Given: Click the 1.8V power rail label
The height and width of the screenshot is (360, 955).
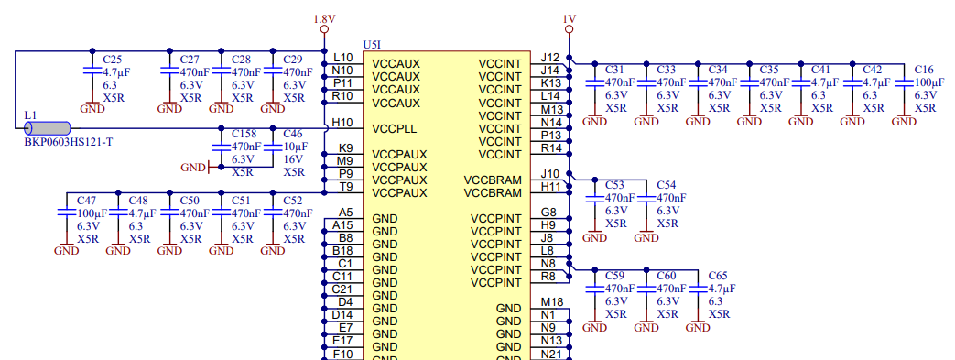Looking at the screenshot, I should pos(324,18).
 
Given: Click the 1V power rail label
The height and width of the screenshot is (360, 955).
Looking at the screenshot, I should pos(570,18).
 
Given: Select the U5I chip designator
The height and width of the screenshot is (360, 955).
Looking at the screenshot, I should pos(372,44).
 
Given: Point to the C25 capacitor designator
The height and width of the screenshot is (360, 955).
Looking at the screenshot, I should pos(112,59).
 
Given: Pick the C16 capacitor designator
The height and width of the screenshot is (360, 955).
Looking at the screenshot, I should pos(924,70).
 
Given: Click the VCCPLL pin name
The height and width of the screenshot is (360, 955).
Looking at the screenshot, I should pos(396,128).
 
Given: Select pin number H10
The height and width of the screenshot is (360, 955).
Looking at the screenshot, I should pos(342,122).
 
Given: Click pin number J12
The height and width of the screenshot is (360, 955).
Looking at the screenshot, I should pos(550,57).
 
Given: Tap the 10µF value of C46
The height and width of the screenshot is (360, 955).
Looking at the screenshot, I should pos(294,146).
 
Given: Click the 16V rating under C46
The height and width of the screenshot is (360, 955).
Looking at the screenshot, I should pos(293,158).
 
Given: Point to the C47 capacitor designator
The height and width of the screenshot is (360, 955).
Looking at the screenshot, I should pos(87,200).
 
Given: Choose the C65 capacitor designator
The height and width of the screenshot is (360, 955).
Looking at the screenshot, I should pos(718,275).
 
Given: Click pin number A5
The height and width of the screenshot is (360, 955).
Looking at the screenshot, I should pos(345,212).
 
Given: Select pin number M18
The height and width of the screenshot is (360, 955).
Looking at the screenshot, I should pos(551,301).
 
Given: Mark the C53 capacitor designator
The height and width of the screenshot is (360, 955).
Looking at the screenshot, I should pos(614,185).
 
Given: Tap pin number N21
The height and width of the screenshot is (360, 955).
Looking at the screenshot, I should pos(551,354).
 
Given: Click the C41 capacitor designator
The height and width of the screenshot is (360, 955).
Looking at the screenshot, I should pos(820,70).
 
